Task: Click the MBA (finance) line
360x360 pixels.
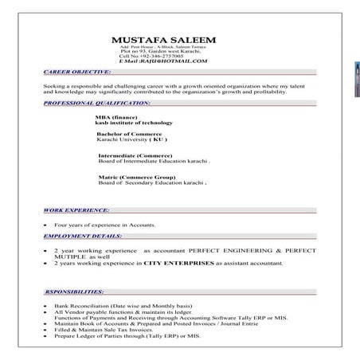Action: click(x=117, y=117)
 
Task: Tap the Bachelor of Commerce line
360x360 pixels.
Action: click(x=128, y=134)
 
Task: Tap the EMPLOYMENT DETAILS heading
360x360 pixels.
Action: click(x=84, y=237)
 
